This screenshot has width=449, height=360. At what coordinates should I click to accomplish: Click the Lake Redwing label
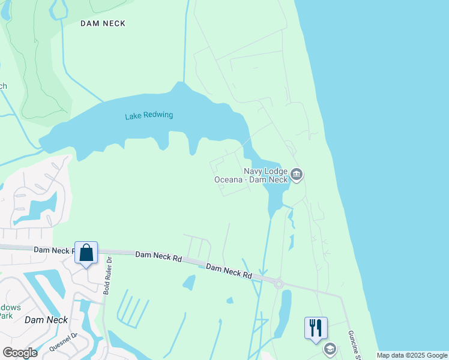pos(149,115)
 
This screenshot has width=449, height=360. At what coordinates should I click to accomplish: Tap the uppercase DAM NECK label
pos(103,23)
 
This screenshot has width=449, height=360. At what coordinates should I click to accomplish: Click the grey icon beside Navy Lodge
pos(297,175)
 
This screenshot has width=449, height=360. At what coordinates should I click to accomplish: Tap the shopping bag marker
pos(86,253)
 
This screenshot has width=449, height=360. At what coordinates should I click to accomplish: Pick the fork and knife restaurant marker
pos(316,328)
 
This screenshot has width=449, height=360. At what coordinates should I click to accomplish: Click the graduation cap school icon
pos(330,349)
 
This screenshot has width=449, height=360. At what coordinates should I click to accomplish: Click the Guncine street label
pos(354,344)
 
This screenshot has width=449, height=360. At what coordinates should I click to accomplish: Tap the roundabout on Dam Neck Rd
pos(279,283)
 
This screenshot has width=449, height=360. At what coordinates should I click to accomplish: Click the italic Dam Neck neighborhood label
pos(46,320)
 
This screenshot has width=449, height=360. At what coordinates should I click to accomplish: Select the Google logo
pos(20,353)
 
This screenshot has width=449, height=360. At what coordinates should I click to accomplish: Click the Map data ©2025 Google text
pos(412,355)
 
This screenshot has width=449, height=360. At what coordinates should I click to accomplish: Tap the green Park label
pos(6,316)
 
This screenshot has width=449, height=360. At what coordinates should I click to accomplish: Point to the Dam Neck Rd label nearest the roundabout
pos(229,271)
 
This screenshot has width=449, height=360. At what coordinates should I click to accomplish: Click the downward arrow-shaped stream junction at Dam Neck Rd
pos(262,273)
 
